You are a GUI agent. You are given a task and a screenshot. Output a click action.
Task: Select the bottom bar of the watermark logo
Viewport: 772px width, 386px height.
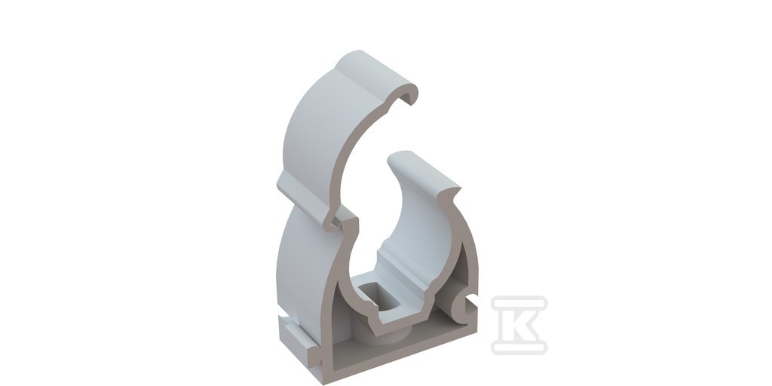click(x=519, y=347)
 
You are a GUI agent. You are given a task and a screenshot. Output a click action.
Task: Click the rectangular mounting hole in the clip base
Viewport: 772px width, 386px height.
click(x=378, y=299)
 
